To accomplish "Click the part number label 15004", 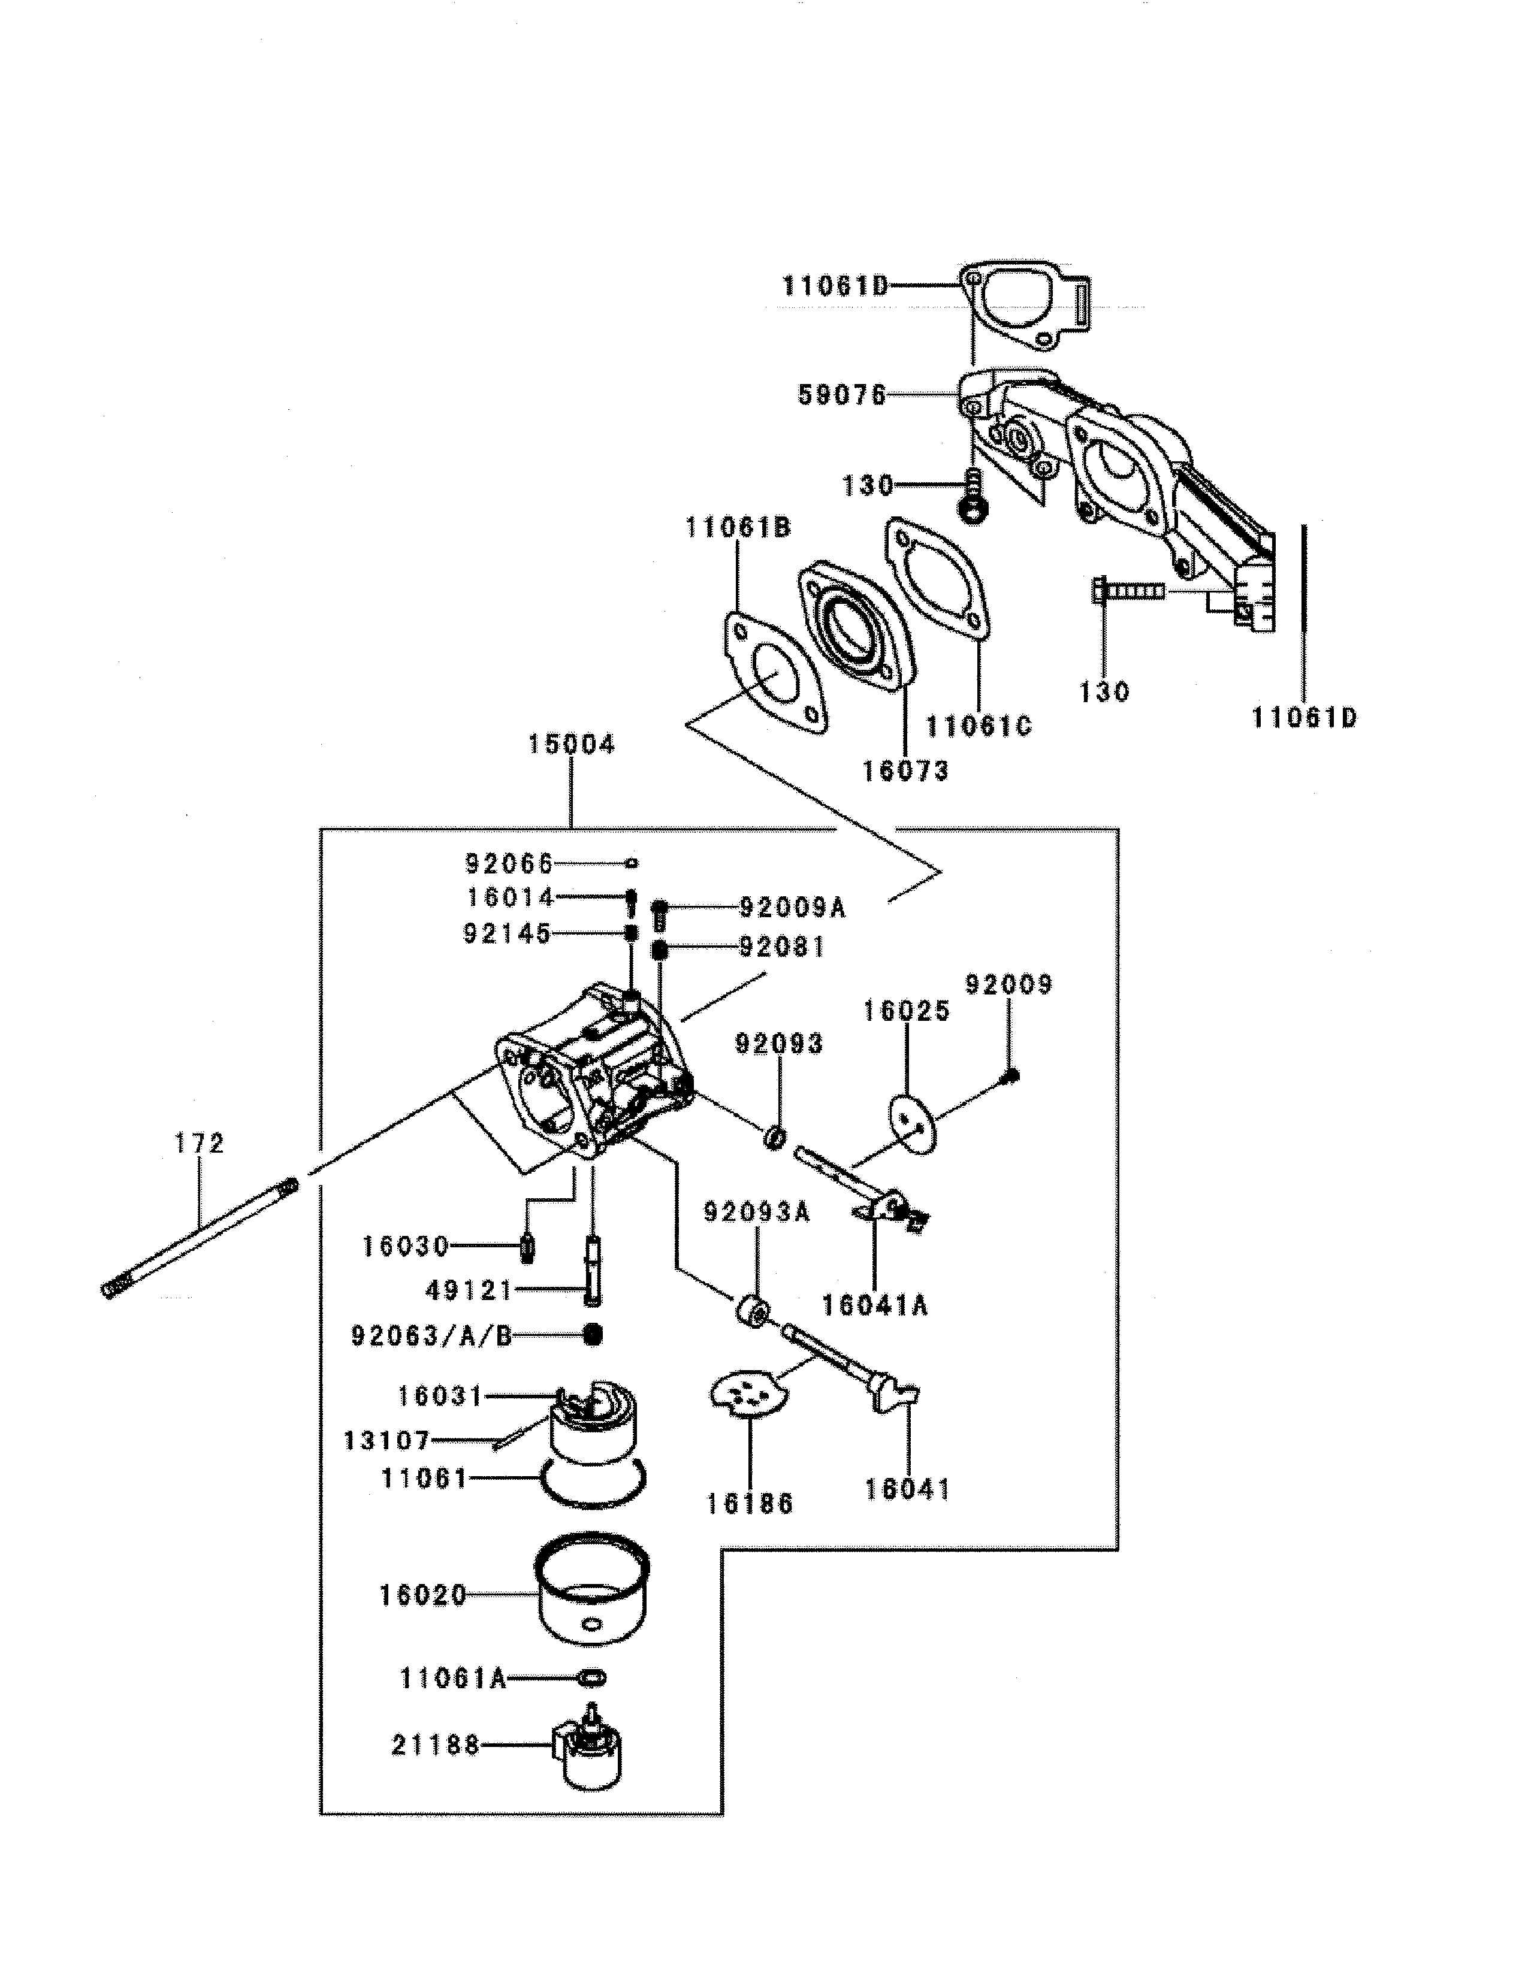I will coord(571,745).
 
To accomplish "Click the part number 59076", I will coord(842,395).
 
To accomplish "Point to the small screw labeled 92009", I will coord(1013,1075).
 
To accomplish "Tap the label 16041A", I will coord(875,1305).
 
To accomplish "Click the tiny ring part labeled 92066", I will coord(632,863).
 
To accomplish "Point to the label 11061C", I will coord(979,726).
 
